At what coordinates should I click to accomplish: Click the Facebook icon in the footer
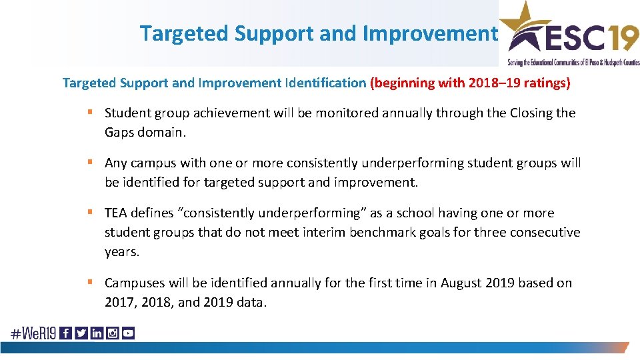(x=66, y=333)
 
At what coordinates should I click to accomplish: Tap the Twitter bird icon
(x=81, y=333)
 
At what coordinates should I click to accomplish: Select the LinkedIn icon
(x=97, y=333)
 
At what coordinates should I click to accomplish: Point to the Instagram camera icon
(x=112, y=333)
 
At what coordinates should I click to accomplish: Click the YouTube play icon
(x=128, y=333)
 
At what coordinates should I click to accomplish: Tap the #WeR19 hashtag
(x=33, y=333)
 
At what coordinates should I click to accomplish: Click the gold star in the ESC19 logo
(x=523, y=20)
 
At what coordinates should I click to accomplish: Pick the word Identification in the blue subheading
(x=325, y=83)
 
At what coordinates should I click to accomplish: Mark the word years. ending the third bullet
(x=121, y=252)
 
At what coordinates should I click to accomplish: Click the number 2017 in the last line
(x=119, y=302)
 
